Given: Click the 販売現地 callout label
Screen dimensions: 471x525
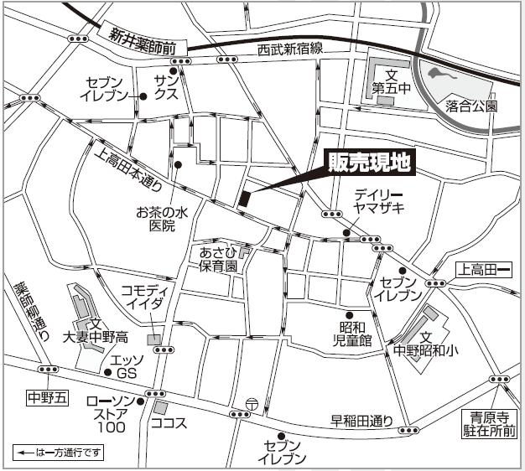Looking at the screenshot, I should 369,163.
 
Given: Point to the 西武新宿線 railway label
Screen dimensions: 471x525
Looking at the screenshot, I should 290,49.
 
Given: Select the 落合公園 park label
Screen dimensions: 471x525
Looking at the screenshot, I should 471,106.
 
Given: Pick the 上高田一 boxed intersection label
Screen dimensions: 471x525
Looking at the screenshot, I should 483,270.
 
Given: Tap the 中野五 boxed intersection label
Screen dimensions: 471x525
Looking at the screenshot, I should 46,396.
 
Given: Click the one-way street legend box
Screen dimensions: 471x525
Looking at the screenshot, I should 59,453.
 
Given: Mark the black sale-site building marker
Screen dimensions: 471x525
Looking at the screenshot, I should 244,199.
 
